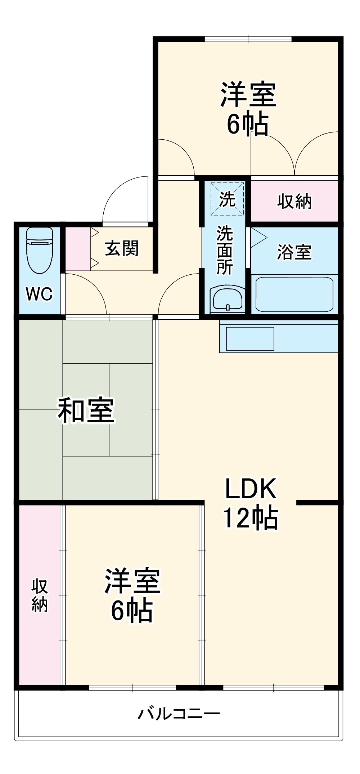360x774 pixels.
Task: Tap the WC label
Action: (39, 294)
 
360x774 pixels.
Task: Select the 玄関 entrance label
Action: (122, 248)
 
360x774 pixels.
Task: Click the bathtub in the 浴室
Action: (294, 294)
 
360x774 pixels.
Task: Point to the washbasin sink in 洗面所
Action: (228, 298)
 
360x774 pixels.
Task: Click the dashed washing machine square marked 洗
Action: (227, 199)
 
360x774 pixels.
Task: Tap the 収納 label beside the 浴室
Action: (294, 201)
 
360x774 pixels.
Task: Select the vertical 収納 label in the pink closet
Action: (40, 596)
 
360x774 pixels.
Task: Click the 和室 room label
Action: (86, 410)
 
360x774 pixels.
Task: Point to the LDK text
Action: (251, 489)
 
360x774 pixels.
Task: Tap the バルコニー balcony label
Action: (179, 713)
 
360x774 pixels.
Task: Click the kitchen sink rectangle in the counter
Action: (250, 339)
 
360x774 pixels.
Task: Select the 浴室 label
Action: (294, 252)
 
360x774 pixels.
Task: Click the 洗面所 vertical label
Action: (224, 250)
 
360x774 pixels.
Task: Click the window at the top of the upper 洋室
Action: (248, 39)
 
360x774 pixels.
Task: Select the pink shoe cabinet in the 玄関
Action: (78, 249)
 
